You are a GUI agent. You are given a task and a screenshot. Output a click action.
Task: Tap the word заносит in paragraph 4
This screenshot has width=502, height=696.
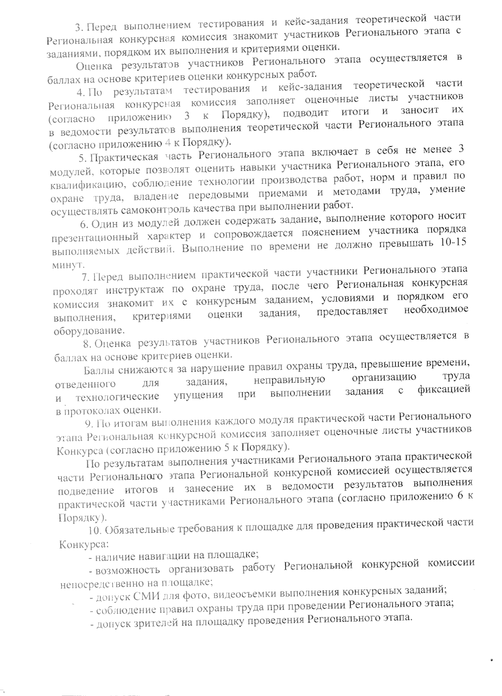pos(420,111)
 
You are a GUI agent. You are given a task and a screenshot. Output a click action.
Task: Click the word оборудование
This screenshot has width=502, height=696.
pos(89,331)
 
